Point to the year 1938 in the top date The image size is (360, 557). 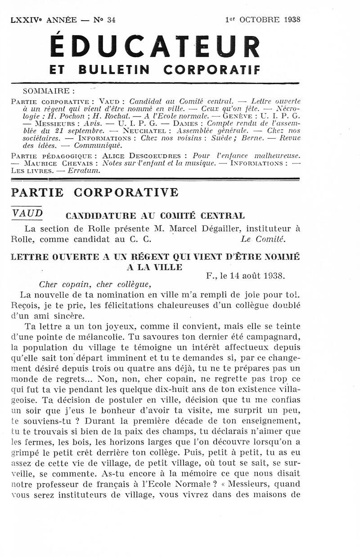tap(291, 19)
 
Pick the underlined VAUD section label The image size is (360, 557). tap(27, 213)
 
